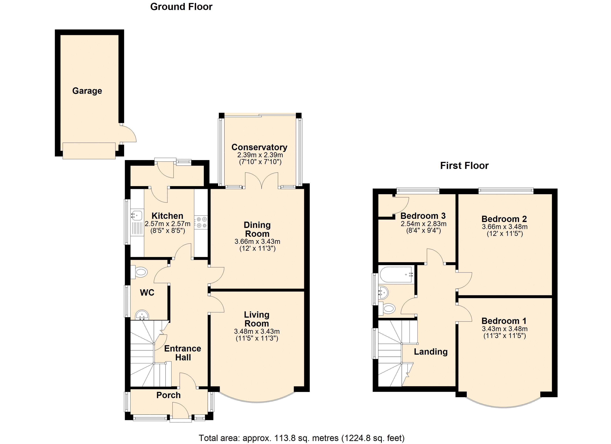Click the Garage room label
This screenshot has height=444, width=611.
(x=87, y=91)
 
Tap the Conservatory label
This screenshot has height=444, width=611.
(x=259, y=147)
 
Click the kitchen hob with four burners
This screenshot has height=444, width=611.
(x=201, y=222)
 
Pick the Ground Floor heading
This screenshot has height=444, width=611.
(x=181, y=7)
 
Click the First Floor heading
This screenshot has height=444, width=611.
(x=464, y=166)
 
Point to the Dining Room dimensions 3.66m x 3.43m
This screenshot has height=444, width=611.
(x=257, y=242)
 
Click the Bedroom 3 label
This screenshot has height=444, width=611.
(x=423, y=216)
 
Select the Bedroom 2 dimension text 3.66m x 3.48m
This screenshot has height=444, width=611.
(x=505, y=227)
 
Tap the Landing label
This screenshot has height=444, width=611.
(x=430, y=352)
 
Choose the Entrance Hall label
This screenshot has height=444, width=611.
(x=183, y=353)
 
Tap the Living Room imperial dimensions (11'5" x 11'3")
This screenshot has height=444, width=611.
(x=257, y=338)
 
